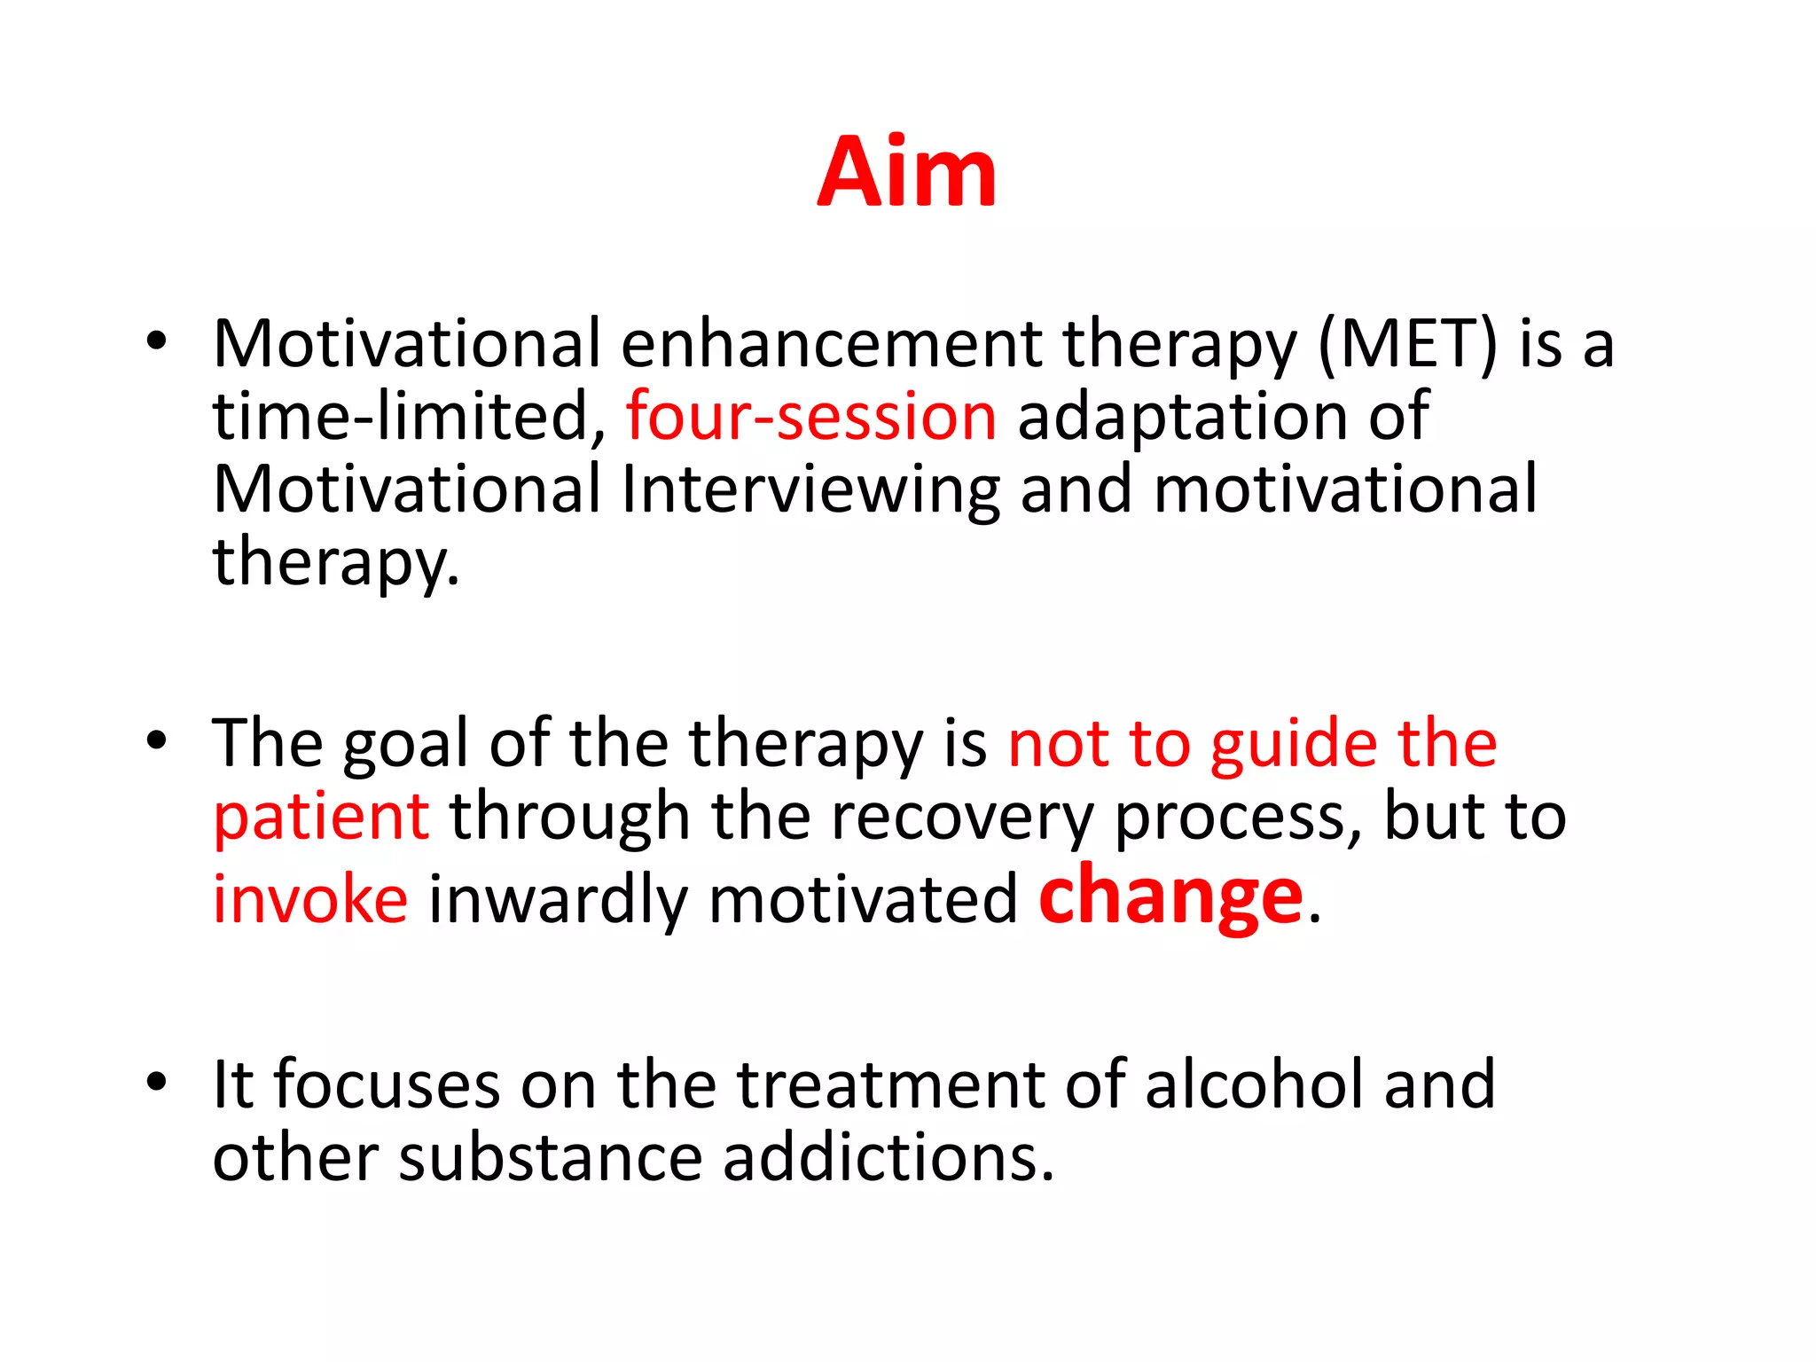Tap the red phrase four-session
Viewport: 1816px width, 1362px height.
tap(810, 417)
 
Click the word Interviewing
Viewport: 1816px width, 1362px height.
tap(810, 490)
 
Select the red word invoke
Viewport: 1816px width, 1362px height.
tap(310, 900)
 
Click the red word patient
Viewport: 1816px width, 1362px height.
tap(321, 818)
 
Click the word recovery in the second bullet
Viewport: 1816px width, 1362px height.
tap(961, 818)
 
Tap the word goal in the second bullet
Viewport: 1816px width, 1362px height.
tap(405, 745)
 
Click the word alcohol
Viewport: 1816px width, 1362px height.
tap(1254, 1084)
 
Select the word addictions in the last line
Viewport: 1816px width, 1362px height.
tap(888, 1158)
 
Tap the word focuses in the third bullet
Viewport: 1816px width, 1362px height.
tap(387, 1084)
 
